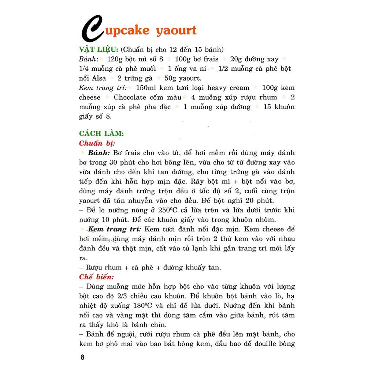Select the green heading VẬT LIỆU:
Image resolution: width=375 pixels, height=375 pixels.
98,50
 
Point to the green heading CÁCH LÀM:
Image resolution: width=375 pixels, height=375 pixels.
101,134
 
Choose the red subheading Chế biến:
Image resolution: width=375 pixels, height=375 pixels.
96,277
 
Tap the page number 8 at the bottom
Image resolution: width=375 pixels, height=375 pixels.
82,357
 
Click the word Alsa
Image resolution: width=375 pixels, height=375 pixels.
99,78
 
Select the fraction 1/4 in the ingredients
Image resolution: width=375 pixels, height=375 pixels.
85,69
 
